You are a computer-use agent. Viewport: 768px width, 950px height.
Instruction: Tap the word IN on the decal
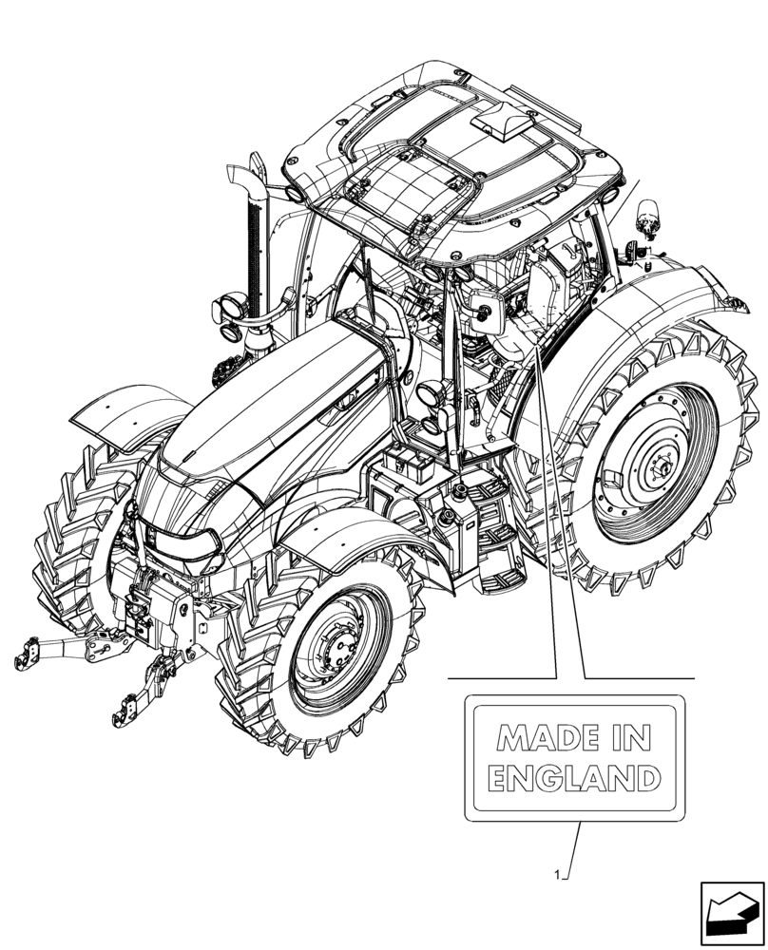click(638, 737)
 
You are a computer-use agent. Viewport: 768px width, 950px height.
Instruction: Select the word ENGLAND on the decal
click(573, 780)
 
